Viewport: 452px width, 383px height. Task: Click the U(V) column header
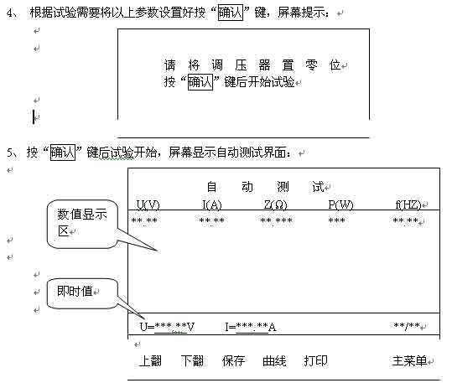[148, 204]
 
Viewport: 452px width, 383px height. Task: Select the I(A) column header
[212, 204]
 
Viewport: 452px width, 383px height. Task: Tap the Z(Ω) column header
[276, 204]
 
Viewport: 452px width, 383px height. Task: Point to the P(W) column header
[340, 204]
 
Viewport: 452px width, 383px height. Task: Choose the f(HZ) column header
[408, 204]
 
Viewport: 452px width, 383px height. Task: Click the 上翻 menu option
[150, 361]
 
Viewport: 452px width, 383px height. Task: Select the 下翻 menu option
[192, 361]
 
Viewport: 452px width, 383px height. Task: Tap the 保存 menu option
[233, 361]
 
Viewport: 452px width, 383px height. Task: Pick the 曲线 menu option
[274, 361]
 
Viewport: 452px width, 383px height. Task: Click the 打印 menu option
[315, 361]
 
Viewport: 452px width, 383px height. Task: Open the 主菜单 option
[409, 361]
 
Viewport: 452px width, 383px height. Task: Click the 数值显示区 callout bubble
[82, 225]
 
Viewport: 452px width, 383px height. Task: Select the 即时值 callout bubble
[82, 293]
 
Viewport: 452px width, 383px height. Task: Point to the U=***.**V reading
[167, 327]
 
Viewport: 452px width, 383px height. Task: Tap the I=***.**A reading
[251, 327]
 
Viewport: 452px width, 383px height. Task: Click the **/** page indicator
[407, 326]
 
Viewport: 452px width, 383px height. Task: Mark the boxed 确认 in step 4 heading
[231, 13]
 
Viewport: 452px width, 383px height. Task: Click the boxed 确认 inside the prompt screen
[200, 82]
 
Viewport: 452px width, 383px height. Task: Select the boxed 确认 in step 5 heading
[63, 153]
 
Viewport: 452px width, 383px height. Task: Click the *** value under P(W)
[337, 220]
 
